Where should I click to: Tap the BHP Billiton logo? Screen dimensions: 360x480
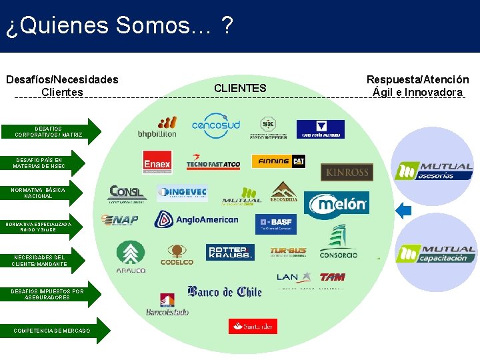pos(157,127)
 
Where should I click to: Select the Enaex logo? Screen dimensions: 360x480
pos(157,162)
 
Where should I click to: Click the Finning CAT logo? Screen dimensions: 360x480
pos(278,161)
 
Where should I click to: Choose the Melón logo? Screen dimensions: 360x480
pos(337,205)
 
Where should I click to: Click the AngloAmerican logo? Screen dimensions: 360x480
pos(196,219)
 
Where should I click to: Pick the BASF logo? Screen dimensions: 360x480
pos(275,223)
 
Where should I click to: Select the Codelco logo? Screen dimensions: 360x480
pos(177,254)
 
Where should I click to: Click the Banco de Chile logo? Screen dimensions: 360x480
pos(224,292)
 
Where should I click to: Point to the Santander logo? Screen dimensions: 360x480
pos(253,326)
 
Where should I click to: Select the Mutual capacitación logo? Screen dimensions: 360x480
pos(436,254)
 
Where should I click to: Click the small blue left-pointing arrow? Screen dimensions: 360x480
pos(403,211)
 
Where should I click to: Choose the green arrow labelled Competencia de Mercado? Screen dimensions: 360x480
pos(53,331)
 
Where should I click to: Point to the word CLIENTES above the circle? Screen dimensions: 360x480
pos(240,88)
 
